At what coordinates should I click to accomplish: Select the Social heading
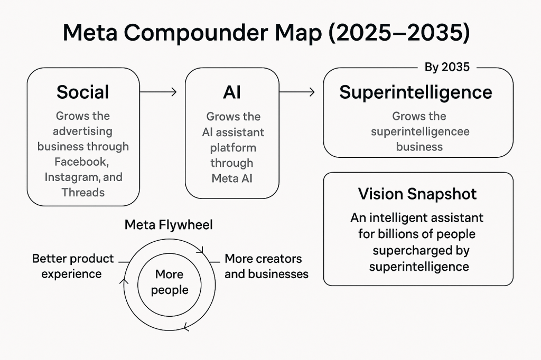[x=83, y=92]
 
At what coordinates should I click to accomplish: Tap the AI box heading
[x=232, y=92]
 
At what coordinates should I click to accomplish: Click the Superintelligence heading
[x=416, y=92]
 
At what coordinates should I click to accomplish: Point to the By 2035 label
[x=446, y=68]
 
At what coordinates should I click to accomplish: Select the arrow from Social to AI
[x=158, y=92]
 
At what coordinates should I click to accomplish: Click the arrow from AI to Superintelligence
[x=297, y=92]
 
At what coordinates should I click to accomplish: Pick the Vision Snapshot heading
[x=417, y=194]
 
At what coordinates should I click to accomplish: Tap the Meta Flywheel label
[x=169, y=225]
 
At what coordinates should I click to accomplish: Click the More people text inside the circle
[x=170, y=282]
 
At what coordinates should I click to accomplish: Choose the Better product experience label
[x=73, y=266]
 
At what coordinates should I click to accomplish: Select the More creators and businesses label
[x=266, y=266]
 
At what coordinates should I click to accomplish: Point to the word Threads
[x=83, y=192]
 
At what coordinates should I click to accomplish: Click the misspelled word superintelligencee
[x=420, y=131]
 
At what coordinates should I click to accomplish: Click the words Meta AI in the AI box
[x=232, y=178]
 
